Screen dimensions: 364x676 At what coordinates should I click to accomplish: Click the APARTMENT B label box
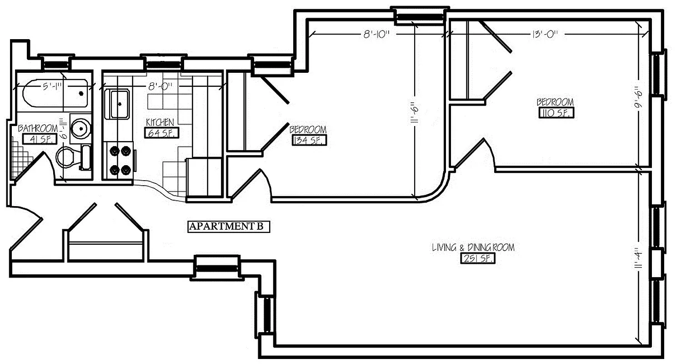229,227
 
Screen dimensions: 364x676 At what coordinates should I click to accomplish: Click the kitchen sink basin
119,104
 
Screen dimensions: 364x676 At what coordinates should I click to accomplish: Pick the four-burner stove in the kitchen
120,159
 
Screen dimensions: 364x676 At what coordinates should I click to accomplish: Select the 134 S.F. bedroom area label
309,140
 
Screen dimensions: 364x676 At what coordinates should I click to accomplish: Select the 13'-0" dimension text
544,35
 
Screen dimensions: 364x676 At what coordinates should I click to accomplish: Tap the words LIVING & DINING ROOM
473,248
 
